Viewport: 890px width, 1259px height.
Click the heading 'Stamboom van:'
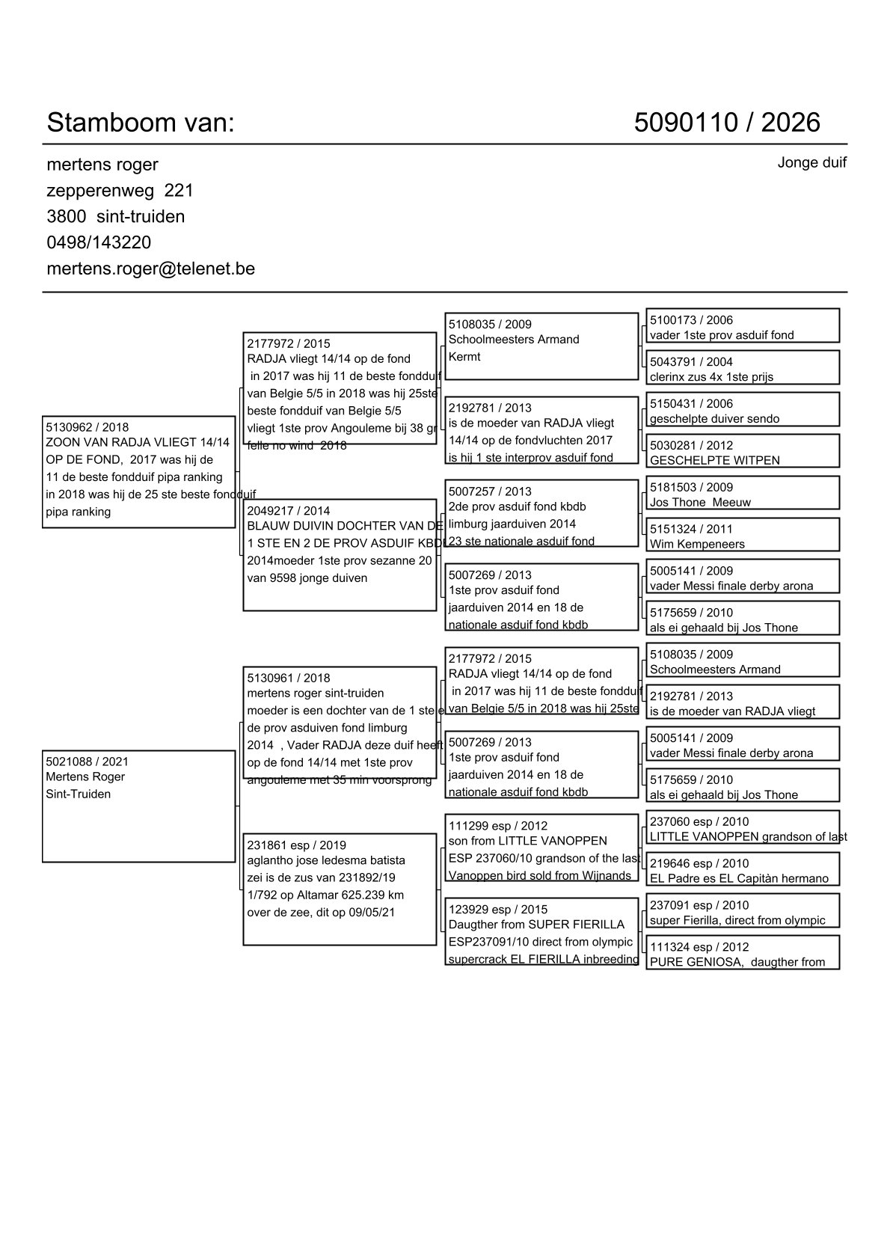point(141,123)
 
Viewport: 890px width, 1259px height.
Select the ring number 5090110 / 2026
point(726,123)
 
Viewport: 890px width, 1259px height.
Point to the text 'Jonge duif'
point(811,162)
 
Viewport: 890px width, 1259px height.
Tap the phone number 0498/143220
point(99,242)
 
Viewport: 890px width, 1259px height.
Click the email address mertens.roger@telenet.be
point(150,269)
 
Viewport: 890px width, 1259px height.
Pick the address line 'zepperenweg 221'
point(120,191)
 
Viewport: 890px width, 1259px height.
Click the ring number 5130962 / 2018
point(87,428)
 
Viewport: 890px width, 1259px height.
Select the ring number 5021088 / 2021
point(87,762)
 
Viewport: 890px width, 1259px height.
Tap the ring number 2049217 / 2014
point(288,512)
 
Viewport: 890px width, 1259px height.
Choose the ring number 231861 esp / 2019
point(296,845)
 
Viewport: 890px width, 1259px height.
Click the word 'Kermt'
point(464,357)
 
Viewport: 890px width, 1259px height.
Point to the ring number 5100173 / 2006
point(691,320)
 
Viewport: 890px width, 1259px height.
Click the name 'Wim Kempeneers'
point(697,545)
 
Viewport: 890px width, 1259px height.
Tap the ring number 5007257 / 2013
point(490,491)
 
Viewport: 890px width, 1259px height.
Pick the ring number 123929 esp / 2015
point(497,910)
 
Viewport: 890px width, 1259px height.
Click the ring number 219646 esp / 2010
point(699,864)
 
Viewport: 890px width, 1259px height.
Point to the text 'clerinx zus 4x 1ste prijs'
point(711,377)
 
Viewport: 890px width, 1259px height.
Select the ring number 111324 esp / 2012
point(699,947)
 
